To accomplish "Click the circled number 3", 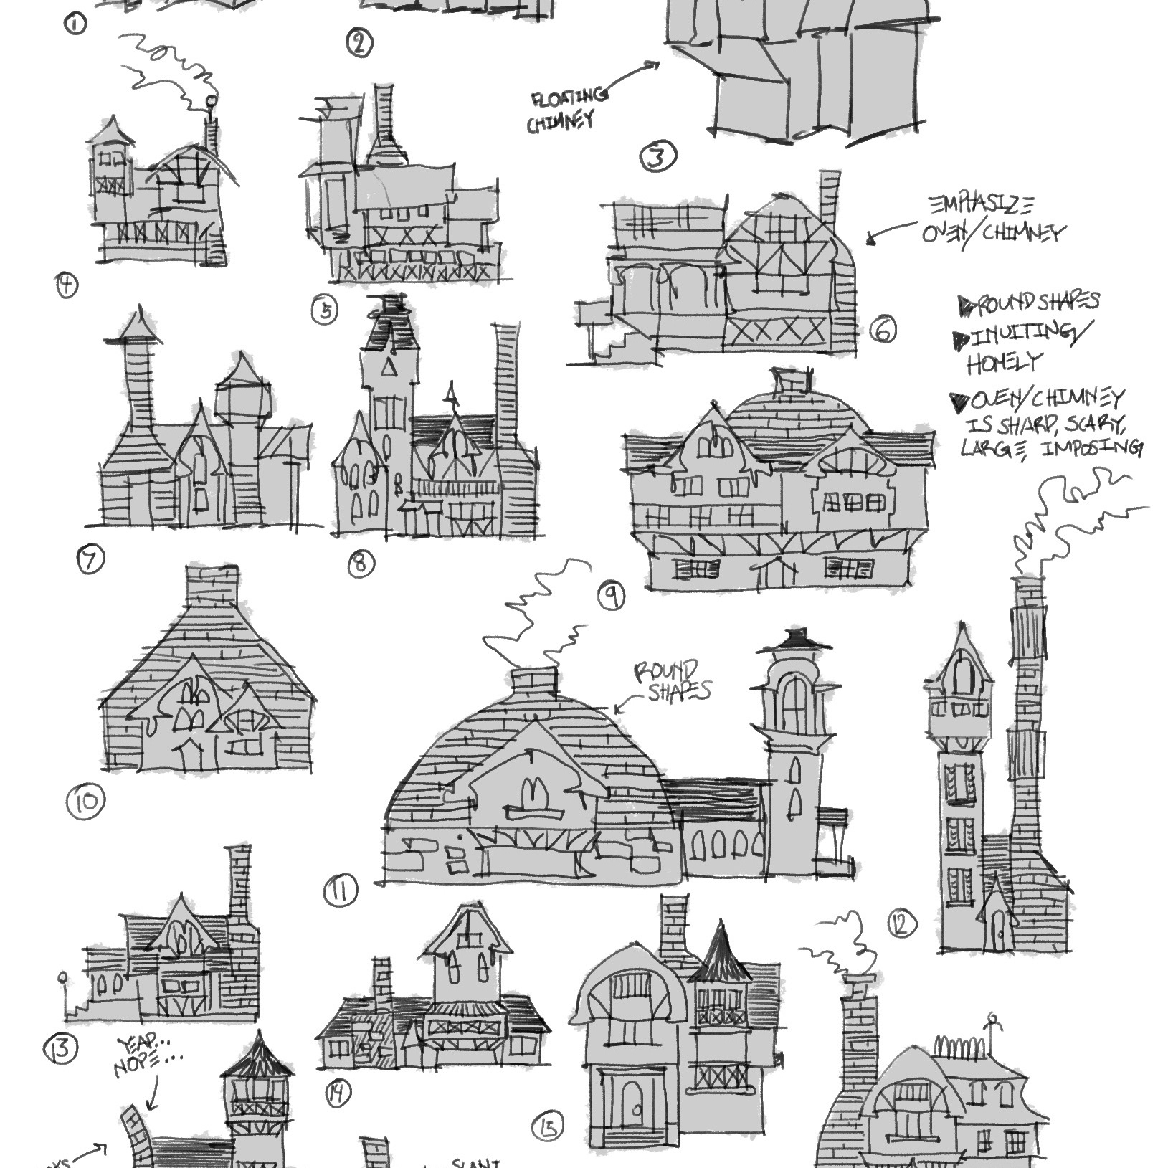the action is pyautogui.click(x=659, y=157).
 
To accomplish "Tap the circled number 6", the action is pyautogui.click(x=883, y=331).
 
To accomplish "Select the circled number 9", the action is pyautogui.click(x=612, y=596).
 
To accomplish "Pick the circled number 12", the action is pyautogui.click(x=901, y=924).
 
